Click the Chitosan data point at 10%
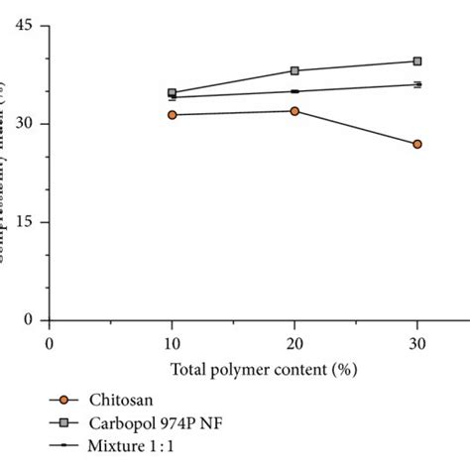[173, 115]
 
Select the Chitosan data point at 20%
[294, 111]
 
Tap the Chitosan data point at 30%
[417, 144]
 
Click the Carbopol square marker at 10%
[173, 93]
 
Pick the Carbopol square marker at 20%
[294, 70]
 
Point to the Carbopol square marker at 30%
[417, 60]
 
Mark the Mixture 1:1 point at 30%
[417, 85]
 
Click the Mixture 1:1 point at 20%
[294, 91]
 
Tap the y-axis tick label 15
[26, 222]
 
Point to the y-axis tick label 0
[30, 320]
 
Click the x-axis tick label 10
[172, 342]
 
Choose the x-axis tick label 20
[294, 342]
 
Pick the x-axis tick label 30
[417, 342]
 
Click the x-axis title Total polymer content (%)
[263, 369]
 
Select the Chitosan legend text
[114, 400]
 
